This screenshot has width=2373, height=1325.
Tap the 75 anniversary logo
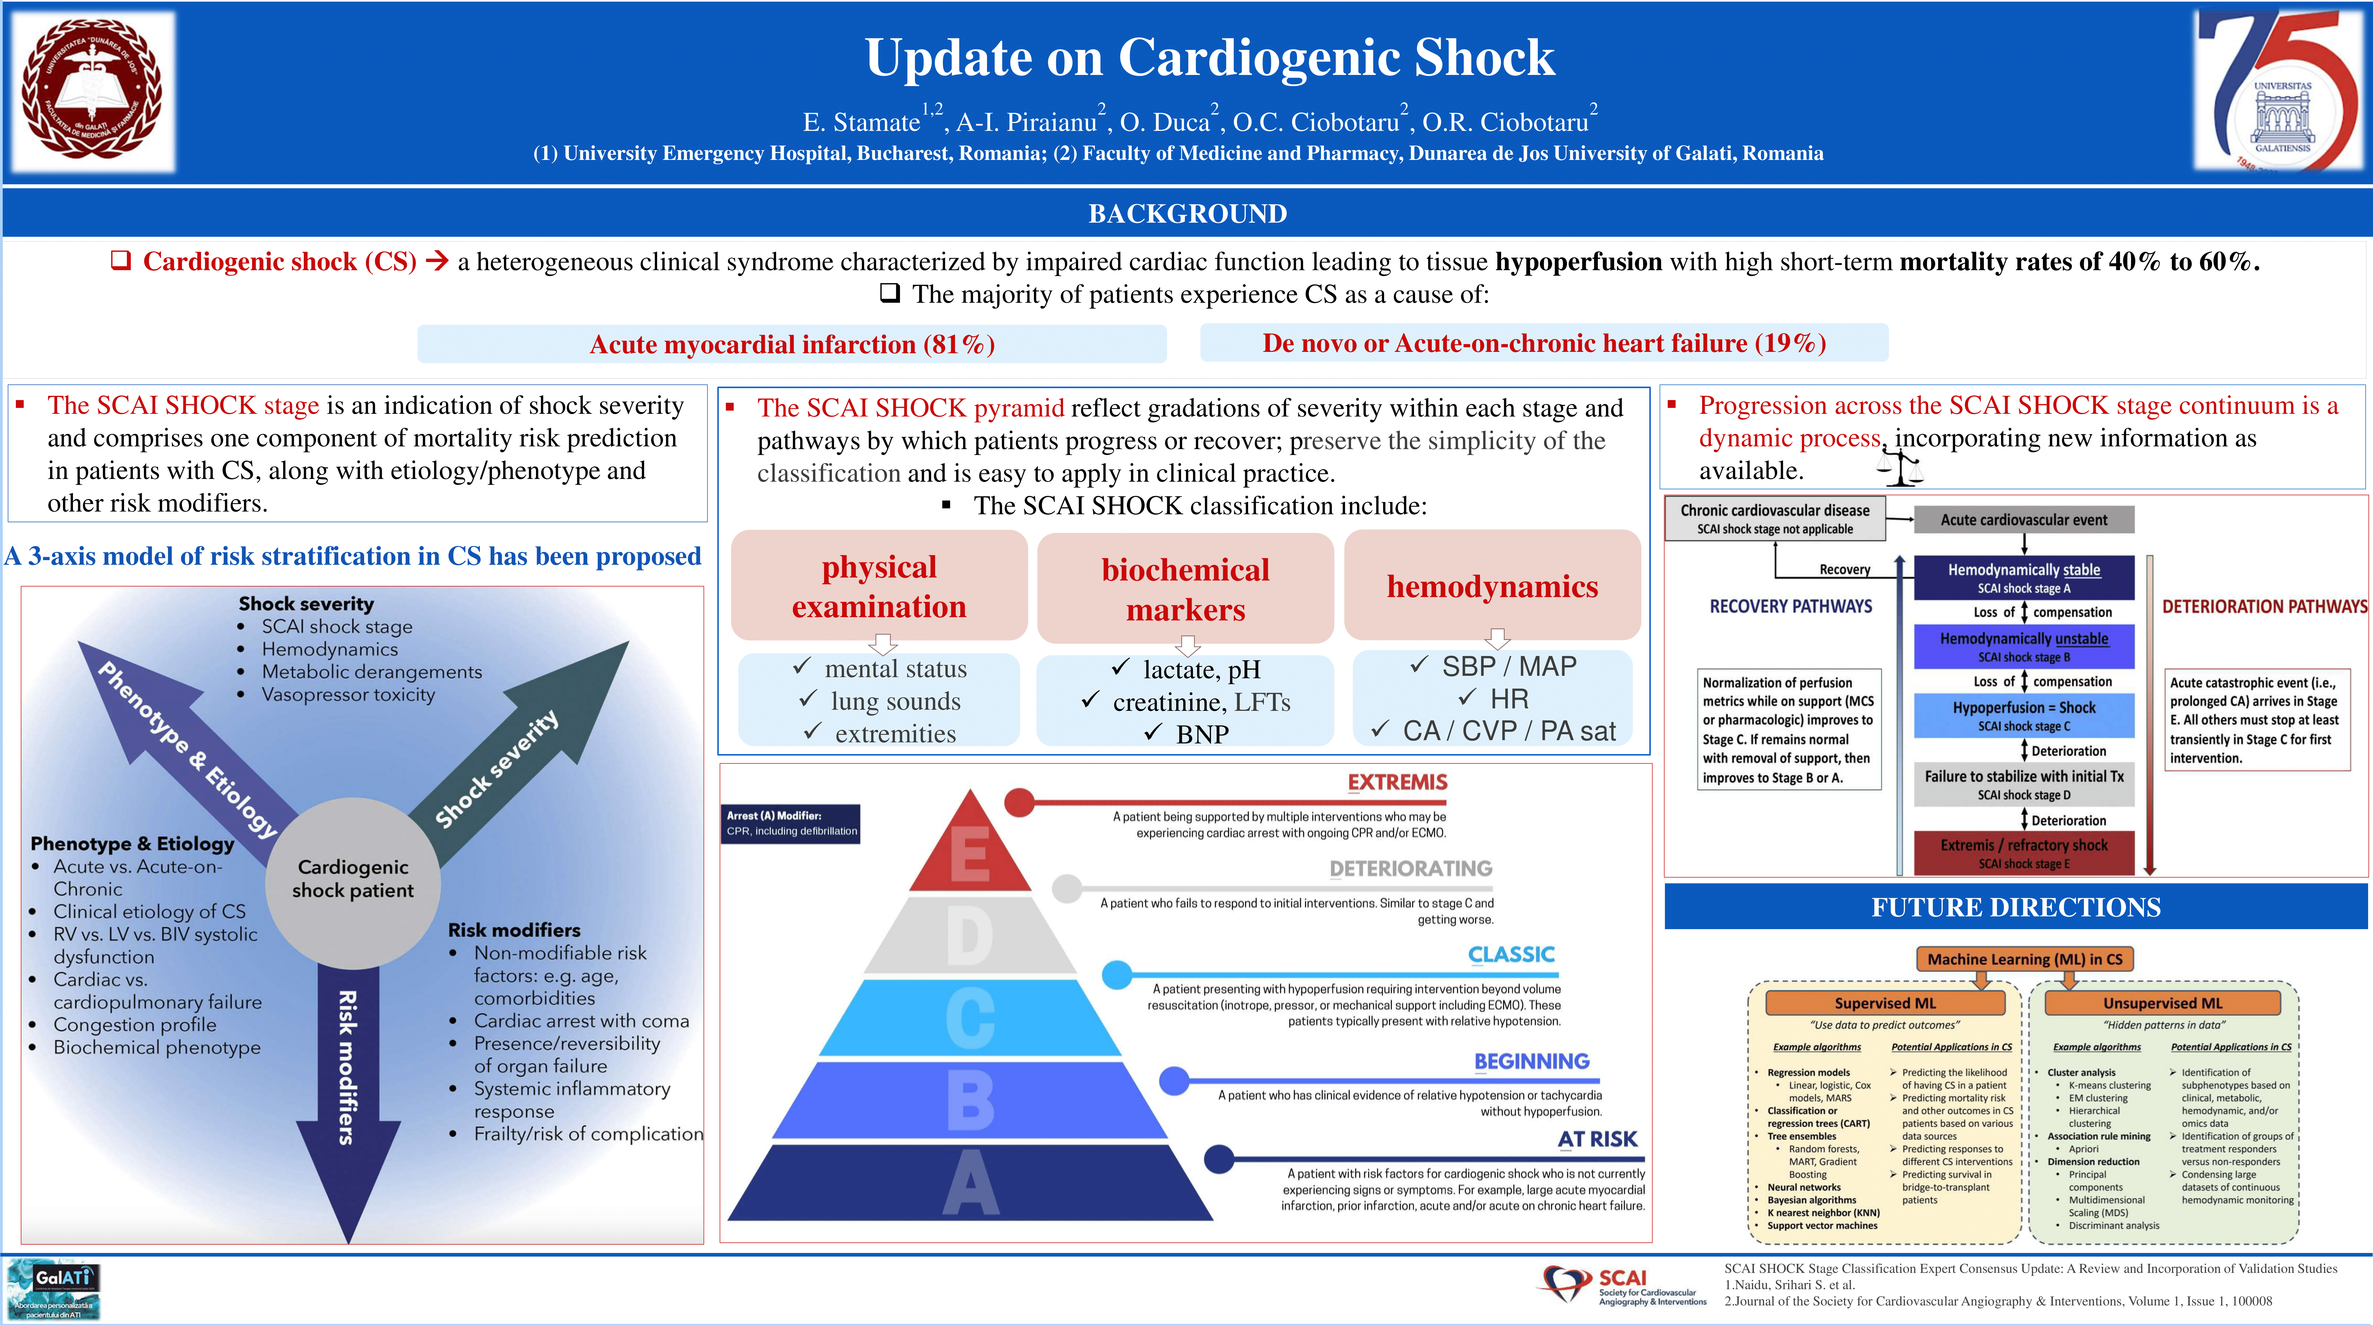[x=2279, y=92]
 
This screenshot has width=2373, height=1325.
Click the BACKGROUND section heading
[x=1186, y=214]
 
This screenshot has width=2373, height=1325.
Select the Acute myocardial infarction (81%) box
[x=791, y=344]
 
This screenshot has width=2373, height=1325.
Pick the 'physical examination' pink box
[x=879, y=586]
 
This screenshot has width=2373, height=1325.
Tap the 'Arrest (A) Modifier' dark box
[x=791, y=823]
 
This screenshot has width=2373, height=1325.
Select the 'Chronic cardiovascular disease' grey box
[x=1774, y=518]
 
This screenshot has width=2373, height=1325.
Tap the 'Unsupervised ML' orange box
[x=2162, y=1002]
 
